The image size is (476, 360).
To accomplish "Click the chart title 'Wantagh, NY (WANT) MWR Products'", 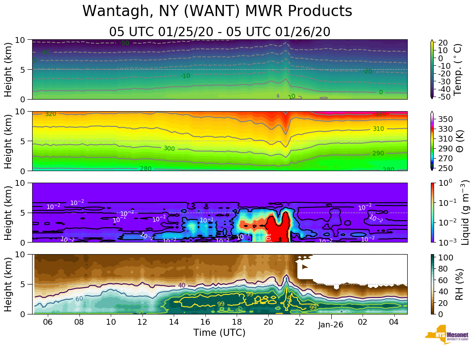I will (217, 12).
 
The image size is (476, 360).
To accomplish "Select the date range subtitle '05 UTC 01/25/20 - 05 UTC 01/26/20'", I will (220, 32).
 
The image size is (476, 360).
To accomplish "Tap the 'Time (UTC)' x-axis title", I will (219, 333).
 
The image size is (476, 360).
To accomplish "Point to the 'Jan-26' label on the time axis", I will (331, 325).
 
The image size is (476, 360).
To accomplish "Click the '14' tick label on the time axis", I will (174, 322).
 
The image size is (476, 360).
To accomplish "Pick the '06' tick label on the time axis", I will (48, 322).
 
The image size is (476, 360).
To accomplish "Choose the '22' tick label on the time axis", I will (300, 322).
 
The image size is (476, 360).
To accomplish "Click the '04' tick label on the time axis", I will (394, 322).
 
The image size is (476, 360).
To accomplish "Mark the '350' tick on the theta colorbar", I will (446, 119).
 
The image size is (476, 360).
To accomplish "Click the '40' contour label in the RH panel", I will (181, 285).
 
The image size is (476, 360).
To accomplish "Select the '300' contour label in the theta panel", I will (169, 148).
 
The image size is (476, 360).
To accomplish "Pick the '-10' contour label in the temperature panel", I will (185, 76).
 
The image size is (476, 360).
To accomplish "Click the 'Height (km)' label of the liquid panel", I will (8, 212).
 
